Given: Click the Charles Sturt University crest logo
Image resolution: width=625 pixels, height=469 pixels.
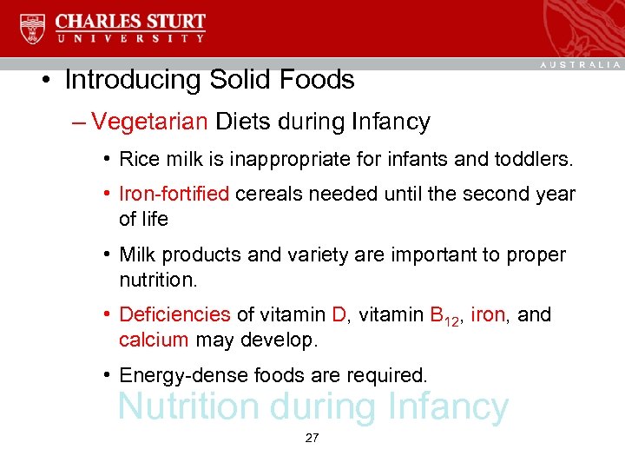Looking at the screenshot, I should [33, 28].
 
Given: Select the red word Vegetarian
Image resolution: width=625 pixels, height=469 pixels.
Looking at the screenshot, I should [149, 122].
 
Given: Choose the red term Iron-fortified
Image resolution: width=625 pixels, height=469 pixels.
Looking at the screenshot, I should [174, 194].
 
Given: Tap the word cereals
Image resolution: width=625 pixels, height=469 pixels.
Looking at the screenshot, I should [266, 194].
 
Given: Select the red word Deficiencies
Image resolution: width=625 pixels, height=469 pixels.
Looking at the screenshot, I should [174, 314].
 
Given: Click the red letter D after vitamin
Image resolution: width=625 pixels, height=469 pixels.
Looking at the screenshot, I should [339, 314].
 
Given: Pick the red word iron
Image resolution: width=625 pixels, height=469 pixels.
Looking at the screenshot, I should [487, 314].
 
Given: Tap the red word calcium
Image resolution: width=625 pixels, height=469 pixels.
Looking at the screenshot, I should [154, 340].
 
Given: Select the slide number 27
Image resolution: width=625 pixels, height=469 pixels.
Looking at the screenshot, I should [312, 439].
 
